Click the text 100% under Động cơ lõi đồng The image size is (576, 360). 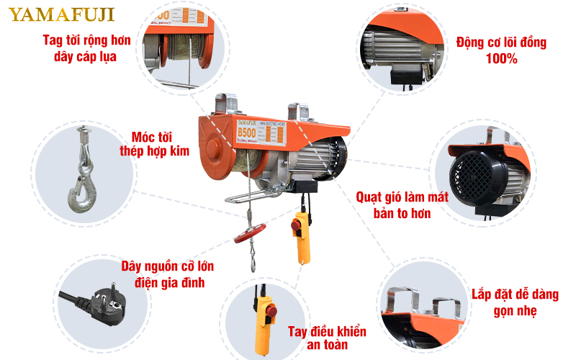tap(501, 59)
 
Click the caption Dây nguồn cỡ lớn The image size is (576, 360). tap(167, 266)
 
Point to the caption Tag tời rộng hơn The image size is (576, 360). tap(87, 40)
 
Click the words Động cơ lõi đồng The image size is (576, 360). tap(501, 42)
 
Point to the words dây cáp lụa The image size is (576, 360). tap(87, 56)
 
